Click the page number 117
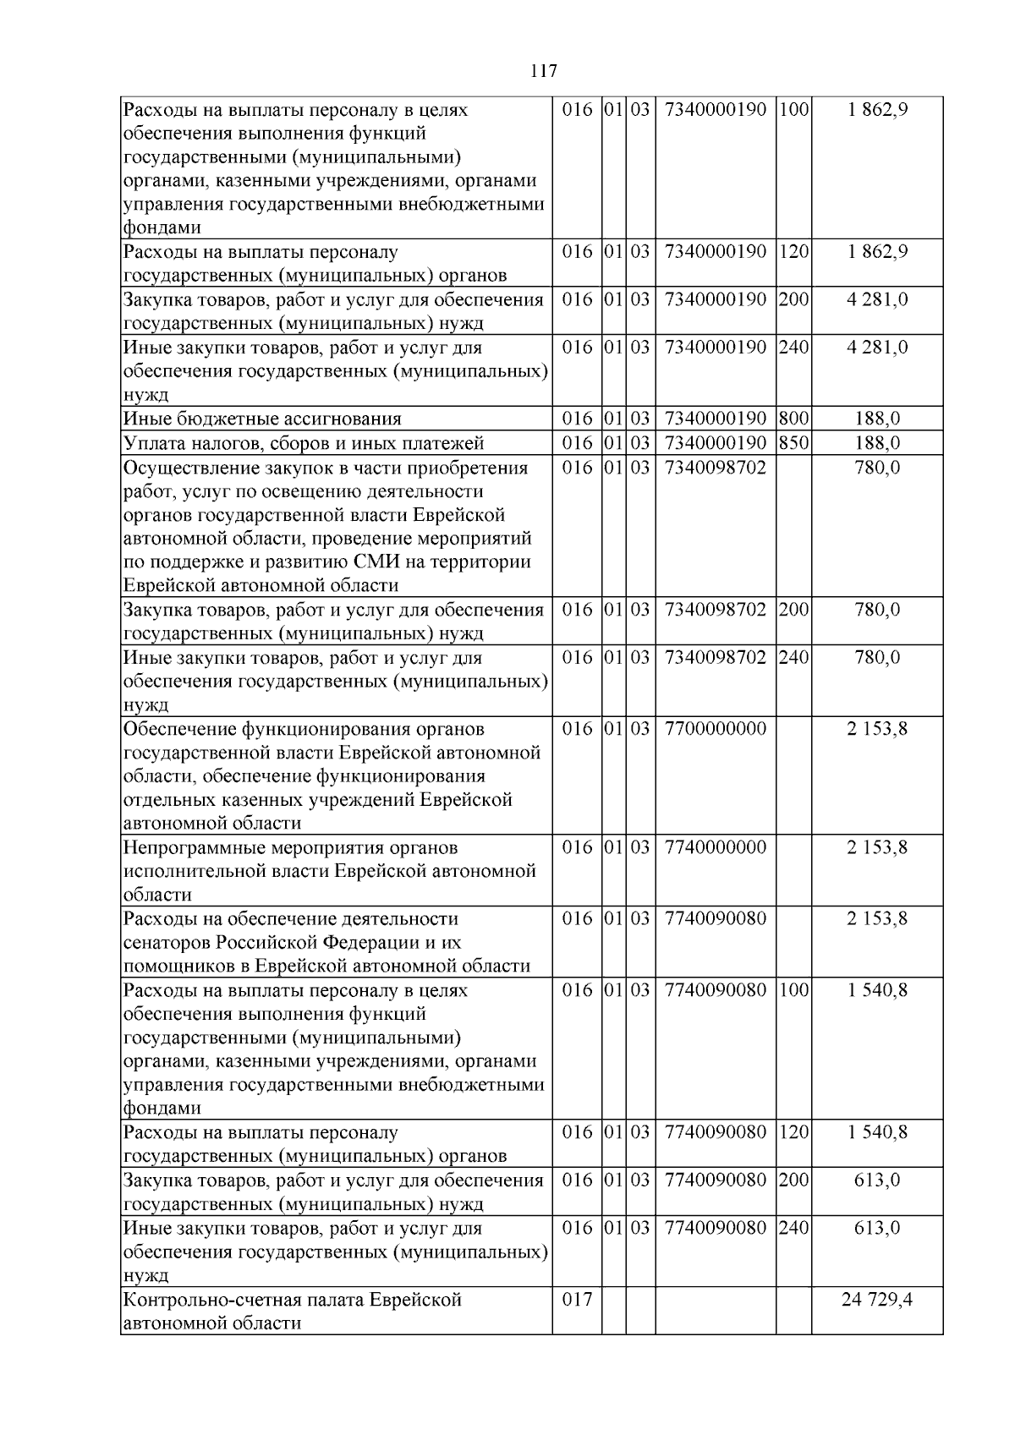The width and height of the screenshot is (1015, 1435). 544,71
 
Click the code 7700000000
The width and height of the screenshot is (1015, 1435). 716,729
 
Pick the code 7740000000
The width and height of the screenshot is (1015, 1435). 716,847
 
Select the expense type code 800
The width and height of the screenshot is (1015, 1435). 793,419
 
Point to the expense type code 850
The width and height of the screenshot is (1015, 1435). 793,443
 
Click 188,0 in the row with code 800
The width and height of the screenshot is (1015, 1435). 877,419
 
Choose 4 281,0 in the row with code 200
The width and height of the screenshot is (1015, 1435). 877,299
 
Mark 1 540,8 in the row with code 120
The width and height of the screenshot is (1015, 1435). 877,1132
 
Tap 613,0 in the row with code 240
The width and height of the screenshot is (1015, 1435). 877,1228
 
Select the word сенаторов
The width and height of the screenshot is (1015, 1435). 166,943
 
